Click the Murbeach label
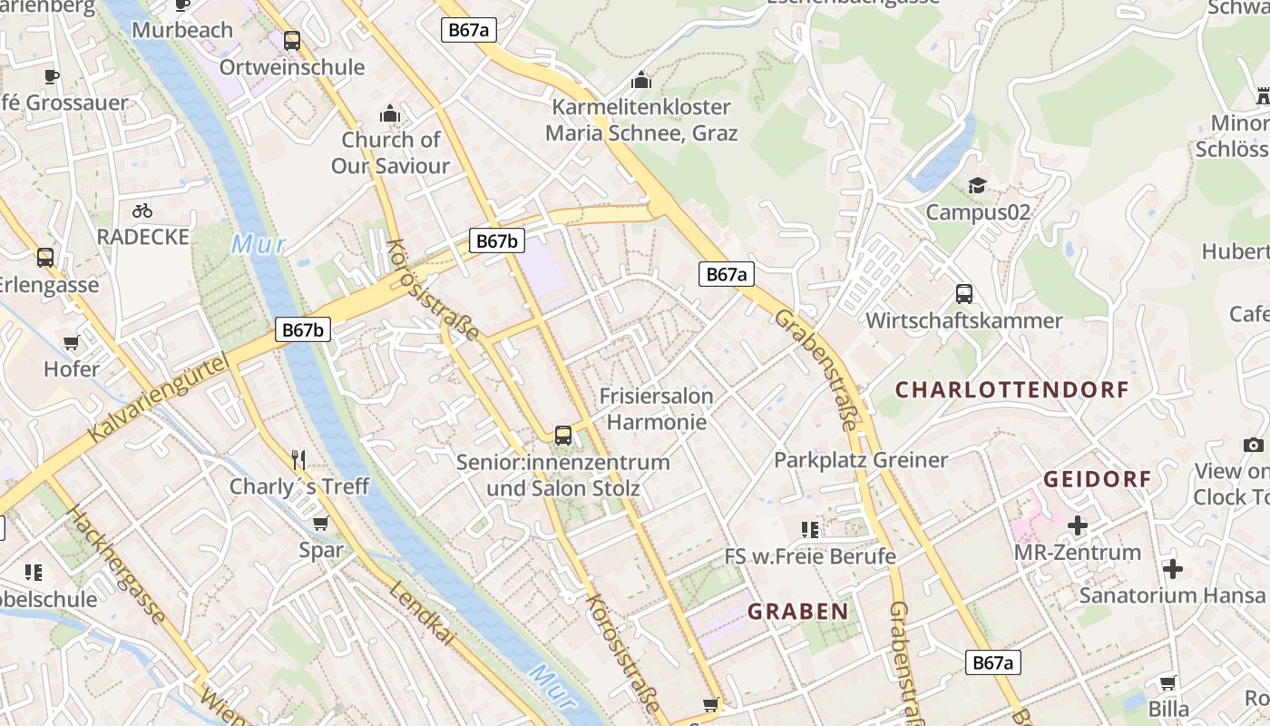click(x=182, y=30)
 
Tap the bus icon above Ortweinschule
click(x=291, y=41)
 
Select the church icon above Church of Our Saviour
click(x=390, y=113)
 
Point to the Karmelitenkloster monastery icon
click(x=641, y=80)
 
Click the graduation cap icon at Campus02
click(x=977, y=185)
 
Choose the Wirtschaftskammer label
click(x=963, y=321)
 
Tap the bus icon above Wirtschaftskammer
click(x=963, y=294)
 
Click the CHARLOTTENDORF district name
click(x=1011, y=390)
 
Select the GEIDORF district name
click(x=1097, y=479)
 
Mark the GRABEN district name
click(x=797, y=612)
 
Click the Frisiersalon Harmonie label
click(x=656, y=409)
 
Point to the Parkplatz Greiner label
click(x=860, y=460)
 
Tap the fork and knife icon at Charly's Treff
click(x=299, y=459)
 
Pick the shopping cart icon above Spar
click(x=319, y=523)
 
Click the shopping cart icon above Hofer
click(x=72, y=342)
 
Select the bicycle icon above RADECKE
click(x=142, y=211)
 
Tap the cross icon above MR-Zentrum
click(x=1078, y=525)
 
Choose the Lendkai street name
click(x=422, y=614)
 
